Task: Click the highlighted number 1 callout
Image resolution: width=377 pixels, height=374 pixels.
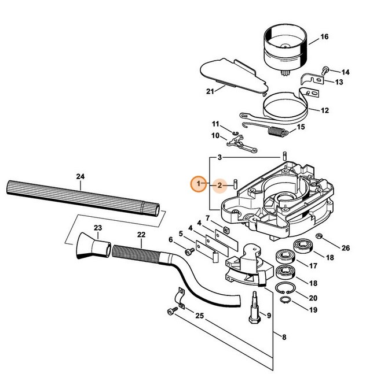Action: (x=199, y=184)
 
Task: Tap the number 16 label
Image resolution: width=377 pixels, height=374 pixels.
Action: (x=324, y=37)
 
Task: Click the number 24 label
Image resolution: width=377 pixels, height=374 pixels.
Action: (x=80, y=177)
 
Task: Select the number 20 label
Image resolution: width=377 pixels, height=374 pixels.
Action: (x=313, y=298)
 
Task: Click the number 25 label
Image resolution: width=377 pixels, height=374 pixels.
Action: (x=199, y=316)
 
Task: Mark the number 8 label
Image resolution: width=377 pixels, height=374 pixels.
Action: (x=284, y=337)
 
